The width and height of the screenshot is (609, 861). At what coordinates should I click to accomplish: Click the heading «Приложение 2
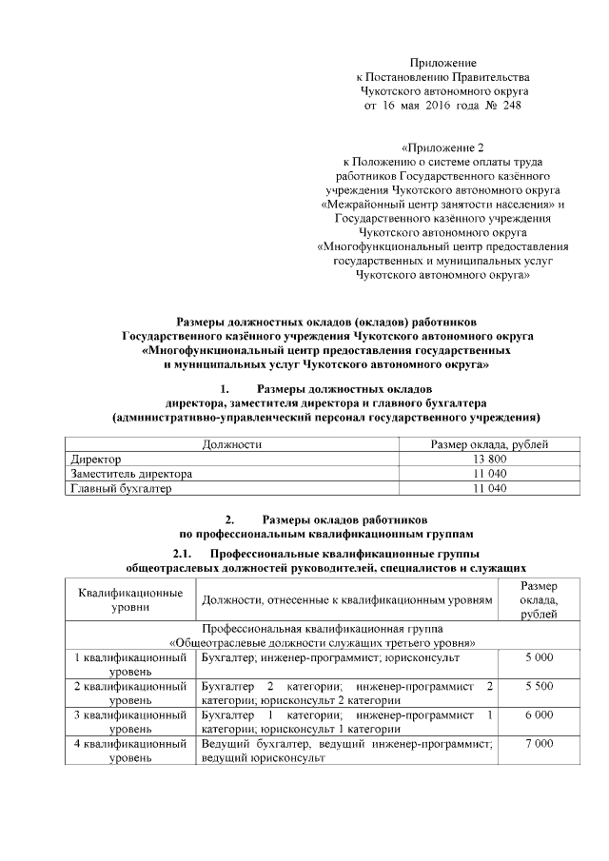pyautogui.click(x=443, y=147)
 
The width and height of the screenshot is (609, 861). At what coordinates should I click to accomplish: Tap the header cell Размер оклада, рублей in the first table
pyautogui.click(x=488, y=444)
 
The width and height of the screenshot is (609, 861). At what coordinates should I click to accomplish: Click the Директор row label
pyautogui.click(x=91, y=459)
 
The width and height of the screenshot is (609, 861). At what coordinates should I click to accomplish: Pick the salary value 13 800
pyautogui.click(x=488, y=459)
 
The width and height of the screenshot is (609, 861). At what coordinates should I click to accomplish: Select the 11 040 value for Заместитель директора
pyautogui.click(x=488, y=473)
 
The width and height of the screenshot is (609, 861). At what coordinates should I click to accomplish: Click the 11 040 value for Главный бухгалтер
pyautogui.click(x=488, y=488)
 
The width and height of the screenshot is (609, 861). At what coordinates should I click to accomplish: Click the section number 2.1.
pyautogui.click(x=183, y=555)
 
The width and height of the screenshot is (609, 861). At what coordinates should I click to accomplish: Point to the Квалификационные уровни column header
pyautogui.click(x=129, y=598)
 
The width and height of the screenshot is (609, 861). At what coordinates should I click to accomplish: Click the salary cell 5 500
pyautogui.click(x=539, y=686)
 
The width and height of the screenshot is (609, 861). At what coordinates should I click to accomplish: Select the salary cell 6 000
pyautogui.click(x=539, y=714)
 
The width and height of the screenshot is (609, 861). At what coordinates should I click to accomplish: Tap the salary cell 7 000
pyautogui.click(x=539, y=743)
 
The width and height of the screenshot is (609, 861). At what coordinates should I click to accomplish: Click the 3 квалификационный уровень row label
pyautogui.click(x=129, y=721)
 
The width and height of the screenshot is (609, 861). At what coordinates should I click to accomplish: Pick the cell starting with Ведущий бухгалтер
pyautogui.click(x=346, y=750)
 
